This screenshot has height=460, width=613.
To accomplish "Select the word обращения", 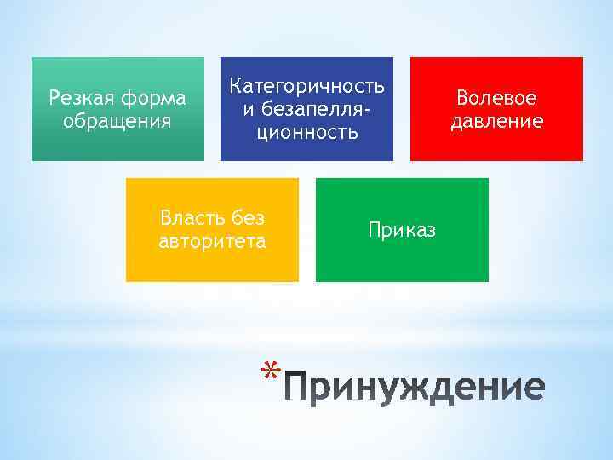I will tap(117, 121).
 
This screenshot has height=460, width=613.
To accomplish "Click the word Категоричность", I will tap(307, 86).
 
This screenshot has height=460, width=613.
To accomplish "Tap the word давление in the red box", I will tap(496, 121).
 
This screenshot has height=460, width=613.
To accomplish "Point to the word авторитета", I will tap(212, 241).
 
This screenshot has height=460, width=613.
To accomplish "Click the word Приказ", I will tap(402, 229).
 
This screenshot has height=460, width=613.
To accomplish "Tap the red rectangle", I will tap(496, 145).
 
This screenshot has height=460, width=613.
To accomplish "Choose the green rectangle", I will tap(402, 260).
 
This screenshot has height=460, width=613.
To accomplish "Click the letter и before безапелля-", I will tap(248, 109).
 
